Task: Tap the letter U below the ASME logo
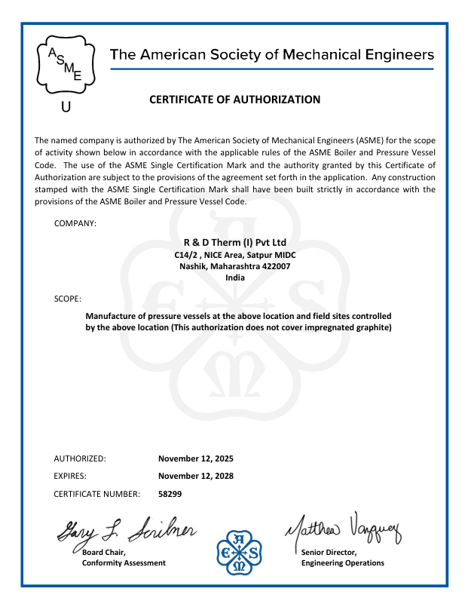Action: tap(66, 107)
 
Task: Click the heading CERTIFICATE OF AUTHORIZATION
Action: tap(235, 100)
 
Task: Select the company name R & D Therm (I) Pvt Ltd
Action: tap(235, 243)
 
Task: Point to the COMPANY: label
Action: tap(75, 224)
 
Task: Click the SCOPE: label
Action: tap(68, 299)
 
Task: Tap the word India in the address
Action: tap(235, 277)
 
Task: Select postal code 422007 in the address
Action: tap(277, 266)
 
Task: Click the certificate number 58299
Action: tap(170, 494)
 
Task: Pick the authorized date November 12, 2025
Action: tap(196, 458)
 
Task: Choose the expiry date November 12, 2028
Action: tap(196, 476)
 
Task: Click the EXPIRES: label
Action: tap(70, 476)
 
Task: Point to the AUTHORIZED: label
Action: tap(80, 458)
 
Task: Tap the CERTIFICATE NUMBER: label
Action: tap(97, 494)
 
